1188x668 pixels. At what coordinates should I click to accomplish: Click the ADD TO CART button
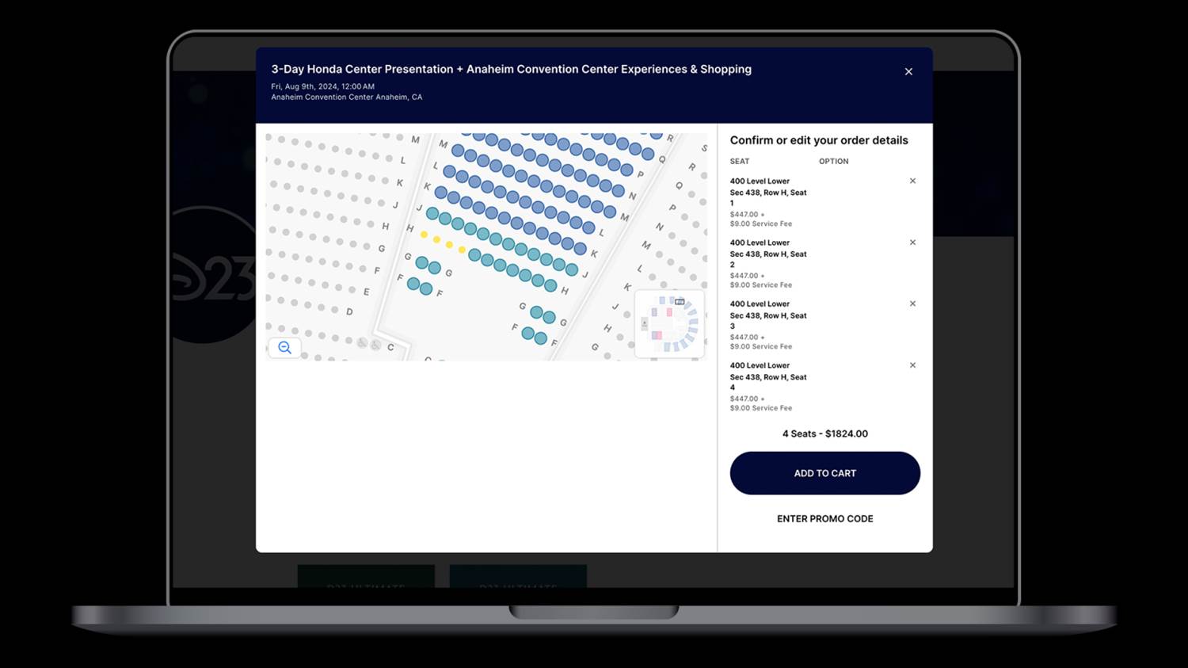[824, 473]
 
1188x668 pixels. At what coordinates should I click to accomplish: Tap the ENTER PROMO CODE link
[824, 518]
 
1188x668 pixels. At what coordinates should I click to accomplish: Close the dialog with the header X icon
[908, 71]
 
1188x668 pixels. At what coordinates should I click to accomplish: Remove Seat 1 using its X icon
[912, 181]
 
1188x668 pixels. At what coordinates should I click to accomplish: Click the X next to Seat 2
[912, 242]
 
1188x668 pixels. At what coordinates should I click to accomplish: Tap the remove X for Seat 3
[912, 303]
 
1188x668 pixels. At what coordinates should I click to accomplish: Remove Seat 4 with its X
[912, 365]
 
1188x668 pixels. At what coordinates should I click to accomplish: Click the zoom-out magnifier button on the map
[285, 348]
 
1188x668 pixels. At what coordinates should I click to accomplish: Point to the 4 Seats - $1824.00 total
[825, 433]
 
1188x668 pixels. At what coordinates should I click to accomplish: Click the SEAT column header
[739, 162]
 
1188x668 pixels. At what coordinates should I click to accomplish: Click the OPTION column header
[834, 162]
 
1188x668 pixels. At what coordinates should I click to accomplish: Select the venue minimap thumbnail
[669, 323]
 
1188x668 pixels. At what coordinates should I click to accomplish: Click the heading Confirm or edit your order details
[819, 140]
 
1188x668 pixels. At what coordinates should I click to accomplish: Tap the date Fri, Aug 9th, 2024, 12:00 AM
[322, 86]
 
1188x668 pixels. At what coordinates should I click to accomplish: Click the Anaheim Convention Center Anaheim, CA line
[347, 97]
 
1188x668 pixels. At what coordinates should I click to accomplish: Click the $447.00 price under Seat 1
[744, 215]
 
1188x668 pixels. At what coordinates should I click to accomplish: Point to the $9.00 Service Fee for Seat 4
[761, 408]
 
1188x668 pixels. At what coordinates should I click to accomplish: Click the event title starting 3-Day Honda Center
[512, 69]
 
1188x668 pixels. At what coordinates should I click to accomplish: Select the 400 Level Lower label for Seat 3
[760, 304]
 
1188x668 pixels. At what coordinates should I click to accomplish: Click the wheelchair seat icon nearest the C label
[375, 345]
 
